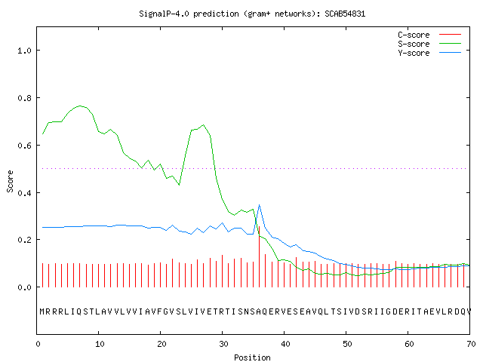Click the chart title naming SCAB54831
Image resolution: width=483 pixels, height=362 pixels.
coord(252,14)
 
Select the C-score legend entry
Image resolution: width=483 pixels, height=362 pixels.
coord(429,35)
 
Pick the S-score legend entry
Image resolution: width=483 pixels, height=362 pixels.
coord(429,44)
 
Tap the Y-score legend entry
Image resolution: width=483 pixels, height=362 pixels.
coord(429,53)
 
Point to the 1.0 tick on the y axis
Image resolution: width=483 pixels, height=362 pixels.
coord(24,51)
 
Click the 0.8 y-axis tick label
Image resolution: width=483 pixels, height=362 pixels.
coord(24,98)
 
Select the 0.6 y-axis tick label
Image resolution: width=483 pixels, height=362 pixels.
coord(24,146)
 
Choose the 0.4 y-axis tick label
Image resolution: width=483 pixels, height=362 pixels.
coord(24,193)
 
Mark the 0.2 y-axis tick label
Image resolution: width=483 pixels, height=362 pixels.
coord(24,240)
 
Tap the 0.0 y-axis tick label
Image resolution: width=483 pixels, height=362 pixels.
coord(24,287)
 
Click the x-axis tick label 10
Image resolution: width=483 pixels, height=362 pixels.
coord(100,344)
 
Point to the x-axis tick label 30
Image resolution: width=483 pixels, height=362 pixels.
coord(223,344)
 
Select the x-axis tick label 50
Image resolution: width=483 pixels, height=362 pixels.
coord(347,344)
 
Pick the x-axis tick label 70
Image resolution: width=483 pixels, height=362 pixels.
coord(471,344)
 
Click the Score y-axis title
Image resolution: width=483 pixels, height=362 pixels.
coord(10,181)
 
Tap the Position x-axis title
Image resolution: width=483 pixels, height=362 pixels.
coord(252,357)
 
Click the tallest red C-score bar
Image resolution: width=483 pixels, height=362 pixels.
coord(260,256)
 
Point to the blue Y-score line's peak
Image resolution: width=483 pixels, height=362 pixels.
coord(260,204)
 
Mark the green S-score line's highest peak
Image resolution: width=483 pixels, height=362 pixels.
coord(80,106)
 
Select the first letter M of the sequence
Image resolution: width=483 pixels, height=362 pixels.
coord(42,311)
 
